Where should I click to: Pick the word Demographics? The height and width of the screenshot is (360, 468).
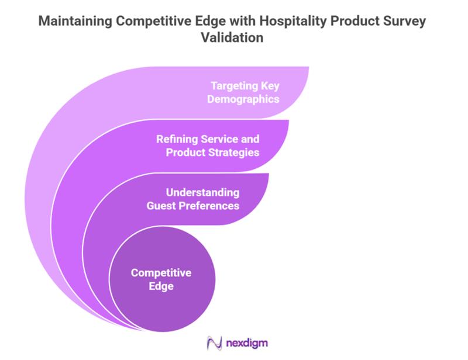pos(245,99)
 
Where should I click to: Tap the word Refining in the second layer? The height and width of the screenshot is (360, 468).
pos(177,140)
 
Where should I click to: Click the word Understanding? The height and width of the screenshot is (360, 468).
pos(202,193)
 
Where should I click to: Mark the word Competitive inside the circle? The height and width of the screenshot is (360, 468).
pos(161,273)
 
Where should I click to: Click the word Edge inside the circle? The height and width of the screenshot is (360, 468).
pos(161,286)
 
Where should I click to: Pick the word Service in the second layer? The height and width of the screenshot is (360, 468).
pos(219,140)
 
